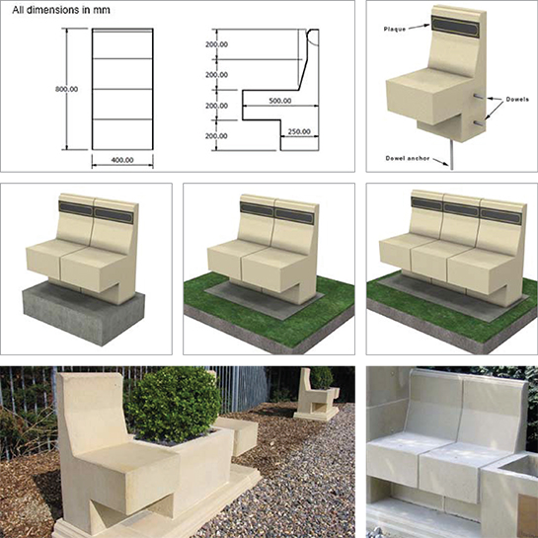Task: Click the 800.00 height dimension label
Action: point(66,89)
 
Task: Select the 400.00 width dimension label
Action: point(122,160)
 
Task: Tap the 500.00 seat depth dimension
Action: point(280,101)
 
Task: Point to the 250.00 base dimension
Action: point(299,131)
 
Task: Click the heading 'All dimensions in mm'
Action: point(61,10)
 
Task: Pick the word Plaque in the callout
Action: point(395,30)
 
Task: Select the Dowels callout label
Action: point(517,100)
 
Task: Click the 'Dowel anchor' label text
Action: point(408,158)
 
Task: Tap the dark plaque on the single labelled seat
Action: point(455,27)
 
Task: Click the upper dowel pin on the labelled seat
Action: point(479,97)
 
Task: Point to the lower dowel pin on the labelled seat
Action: point(479,123)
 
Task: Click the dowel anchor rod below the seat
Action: point(451,155)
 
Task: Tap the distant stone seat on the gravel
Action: point(314,395)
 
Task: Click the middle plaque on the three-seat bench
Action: point(461,208)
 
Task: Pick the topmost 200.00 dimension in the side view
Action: point(216,44)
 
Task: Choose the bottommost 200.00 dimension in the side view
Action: point(216,136)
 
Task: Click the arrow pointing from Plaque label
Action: point(419,27)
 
